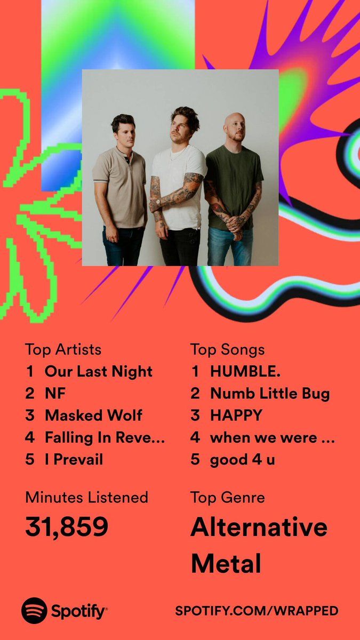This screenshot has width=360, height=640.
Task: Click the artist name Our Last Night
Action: (x=98, y=372)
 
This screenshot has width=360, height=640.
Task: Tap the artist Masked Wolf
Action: (x=93, y=415)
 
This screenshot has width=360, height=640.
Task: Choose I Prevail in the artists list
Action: (x=74, y=459)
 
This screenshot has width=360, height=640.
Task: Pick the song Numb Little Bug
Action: (x=270, y=394)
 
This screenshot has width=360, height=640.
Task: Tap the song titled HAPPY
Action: (x=236, y=415)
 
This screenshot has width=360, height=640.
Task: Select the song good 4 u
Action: (x=243, y=459)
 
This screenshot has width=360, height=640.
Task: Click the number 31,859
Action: (x=67, y=527)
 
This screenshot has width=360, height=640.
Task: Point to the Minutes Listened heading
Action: (x=86, y=497)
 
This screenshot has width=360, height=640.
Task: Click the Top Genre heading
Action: (x=227, y=497)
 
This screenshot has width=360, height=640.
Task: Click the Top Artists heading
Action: (x=63, y=350)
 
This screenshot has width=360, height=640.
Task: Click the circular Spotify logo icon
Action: (x=34, y=611)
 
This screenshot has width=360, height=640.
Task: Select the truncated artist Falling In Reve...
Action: (x=105, y=437)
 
